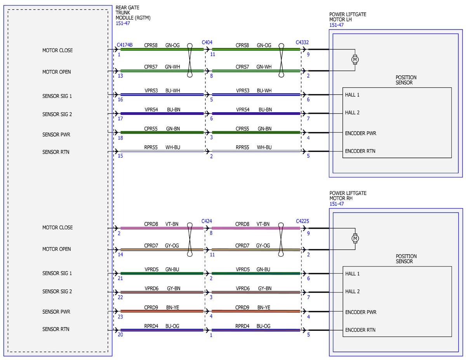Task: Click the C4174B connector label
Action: click(x=124, y=45)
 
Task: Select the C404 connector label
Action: click(x=207, y=42)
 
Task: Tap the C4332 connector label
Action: click(x=302, y=42)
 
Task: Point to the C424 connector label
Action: click(x=206, y=221)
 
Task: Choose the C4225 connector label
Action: click(x=302, y=221)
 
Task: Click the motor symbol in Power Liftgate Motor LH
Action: click(x=355, y=59)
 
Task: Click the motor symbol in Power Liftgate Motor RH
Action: click(x=355, y=238)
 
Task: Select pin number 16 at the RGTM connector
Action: click(x=120, y=99)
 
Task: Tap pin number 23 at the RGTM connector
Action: click(x=120, y=317)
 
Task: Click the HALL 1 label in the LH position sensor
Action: click(x=352, y=95)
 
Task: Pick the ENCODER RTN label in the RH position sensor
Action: click(x=360, y=330)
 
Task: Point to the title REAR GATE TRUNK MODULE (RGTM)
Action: click(x=133, y=13)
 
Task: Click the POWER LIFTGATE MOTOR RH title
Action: click(x=348, y=196)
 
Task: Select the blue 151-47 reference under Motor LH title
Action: click(x=336, y=25)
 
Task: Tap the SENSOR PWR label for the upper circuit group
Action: click(x=56, y=135)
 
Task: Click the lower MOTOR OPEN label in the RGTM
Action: click(x=56, y=249)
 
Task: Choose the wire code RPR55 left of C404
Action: click(x=151, y=147)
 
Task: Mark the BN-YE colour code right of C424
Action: click(x=264, y=307)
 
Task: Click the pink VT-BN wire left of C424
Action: click(x=162, y=228)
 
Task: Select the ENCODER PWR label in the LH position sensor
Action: click(x=360, y=133)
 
